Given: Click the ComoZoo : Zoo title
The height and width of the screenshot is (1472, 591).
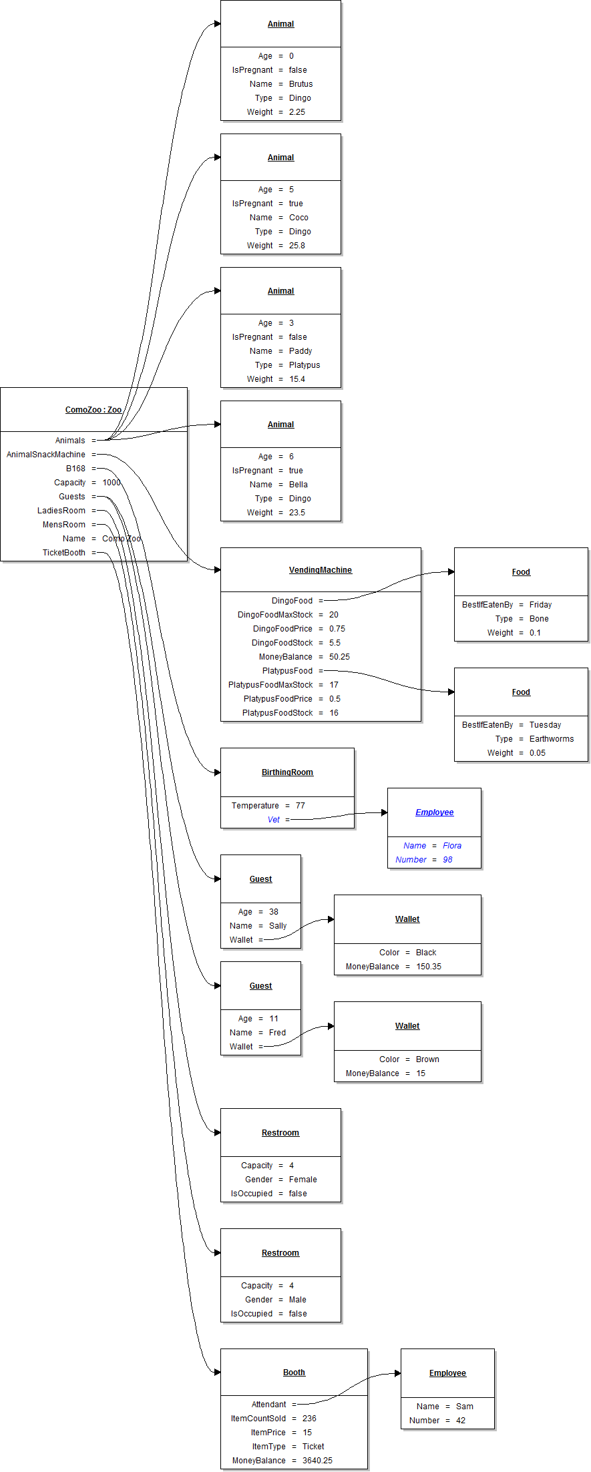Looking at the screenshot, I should [x=93, y=410].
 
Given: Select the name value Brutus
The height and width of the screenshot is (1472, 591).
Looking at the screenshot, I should [x=301, y=84].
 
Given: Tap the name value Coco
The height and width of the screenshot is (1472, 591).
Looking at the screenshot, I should [x=299, y=218].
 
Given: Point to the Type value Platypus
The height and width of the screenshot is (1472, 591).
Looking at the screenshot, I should [x=305, y=365].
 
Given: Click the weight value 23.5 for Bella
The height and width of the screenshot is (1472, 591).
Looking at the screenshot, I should [x=297, y=513].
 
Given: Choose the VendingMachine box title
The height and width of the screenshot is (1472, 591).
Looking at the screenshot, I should [x=321, y=570].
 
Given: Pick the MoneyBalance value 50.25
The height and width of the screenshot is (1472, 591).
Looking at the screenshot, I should [x=339, y=657].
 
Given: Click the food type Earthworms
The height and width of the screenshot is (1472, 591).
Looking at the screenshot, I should [x=552, y=739].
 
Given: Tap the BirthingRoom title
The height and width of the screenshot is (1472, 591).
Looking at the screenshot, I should [x=287, y=772].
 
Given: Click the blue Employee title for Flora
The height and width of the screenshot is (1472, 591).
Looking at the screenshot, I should [x=435, y=812].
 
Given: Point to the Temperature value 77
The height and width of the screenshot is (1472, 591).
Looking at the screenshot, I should [x=301, y=806].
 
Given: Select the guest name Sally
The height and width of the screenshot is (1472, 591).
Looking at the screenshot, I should [x=278, y=926].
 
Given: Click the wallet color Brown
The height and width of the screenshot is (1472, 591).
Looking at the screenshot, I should [x=427, y=1059].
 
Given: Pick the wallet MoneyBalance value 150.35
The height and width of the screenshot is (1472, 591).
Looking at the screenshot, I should [x=429, y=967].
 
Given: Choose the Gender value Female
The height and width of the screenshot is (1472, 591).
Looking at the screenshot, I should [x=303, y=1180].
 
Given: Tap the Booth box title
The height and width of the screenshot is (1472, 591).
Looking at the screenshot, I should [x=294, y=1373].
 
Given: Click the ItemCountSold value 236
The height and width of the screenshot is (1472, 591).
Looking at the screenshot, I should [x=309, y=1419].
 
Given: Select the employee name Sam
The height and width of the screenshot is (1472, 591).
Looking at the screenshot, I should [x=465, y=1407].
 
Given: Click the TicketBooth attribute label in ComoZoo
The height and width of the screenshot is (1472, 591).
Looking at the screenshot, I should [x=64, y=553].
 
